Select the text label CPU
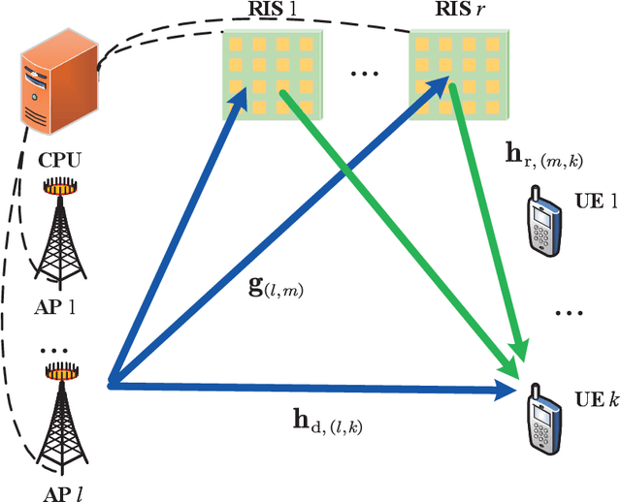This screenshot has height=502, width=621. (x=60, y=159)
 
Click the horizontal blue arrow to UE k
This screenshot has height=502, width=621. (x=310, y=387)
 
